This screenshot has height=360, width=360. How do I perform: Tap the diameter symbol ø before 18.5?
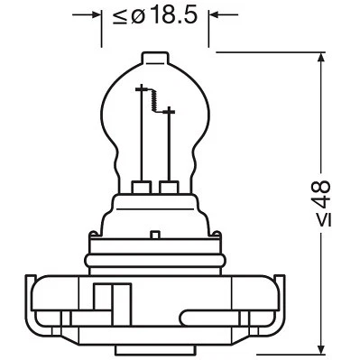pyautogui.click(x=139, y=16)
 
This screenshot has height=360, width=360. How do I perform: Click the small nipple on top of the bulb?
pyautogui.click(x=154, y=56)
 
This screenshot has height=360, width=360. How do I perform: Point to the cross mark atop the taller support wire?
pyautogui.click(x=142, y=90)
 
